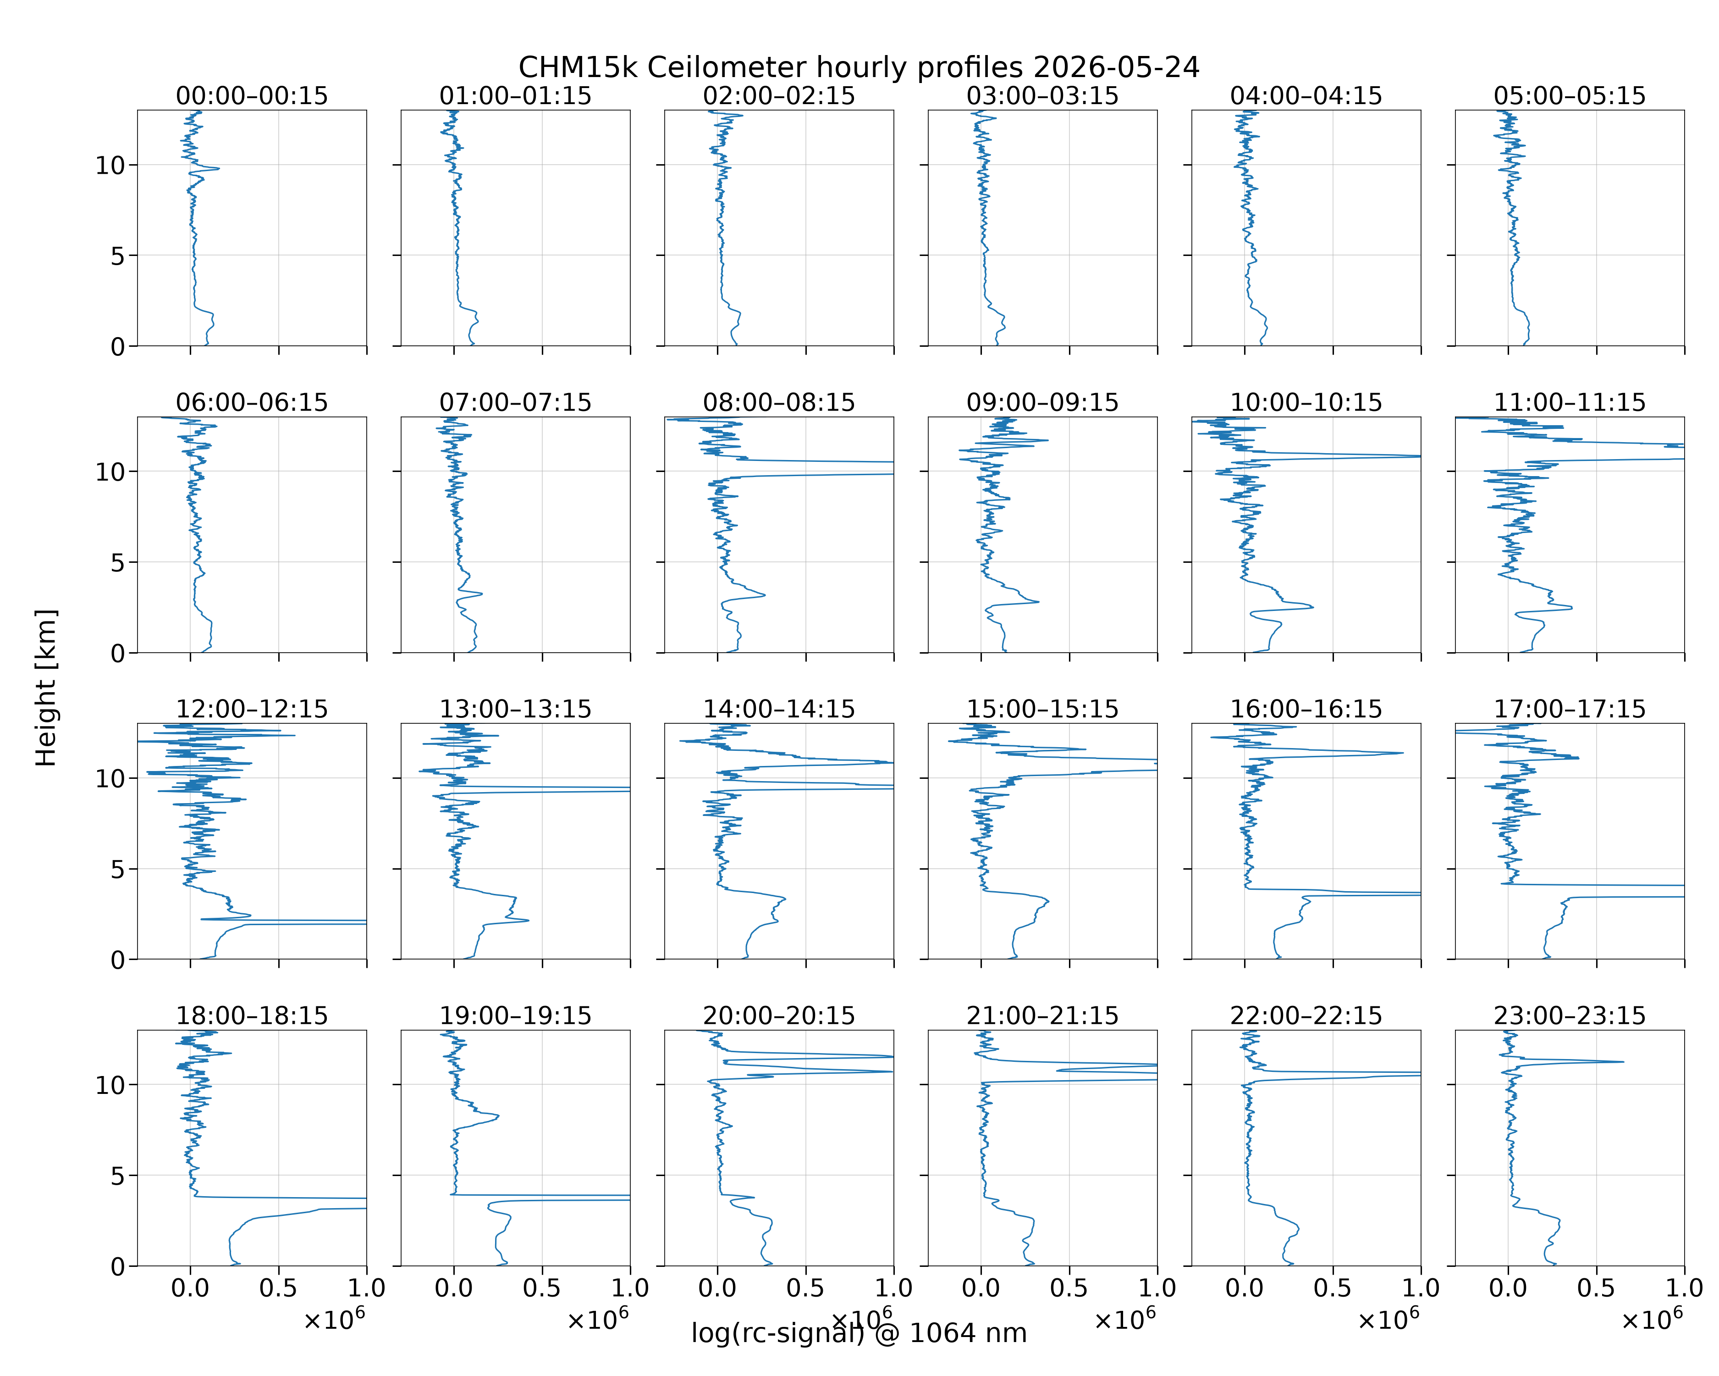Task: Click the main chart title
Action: click(x=859, y=68)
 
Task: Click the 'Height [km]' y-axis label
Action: click(x=46, y=688)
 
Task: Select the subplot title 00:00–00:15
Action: click(x=252, y=96)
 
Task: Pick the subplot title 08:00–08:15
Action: click(x=779, y=402)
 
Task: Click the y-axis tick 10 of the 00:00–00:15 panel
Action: click(x=110, y=165)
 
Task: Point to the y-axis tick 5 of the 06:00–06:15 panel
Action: click(x=118, y=562)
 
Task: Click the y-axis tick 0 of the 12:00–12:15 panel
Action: click(x=118, y=960)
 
